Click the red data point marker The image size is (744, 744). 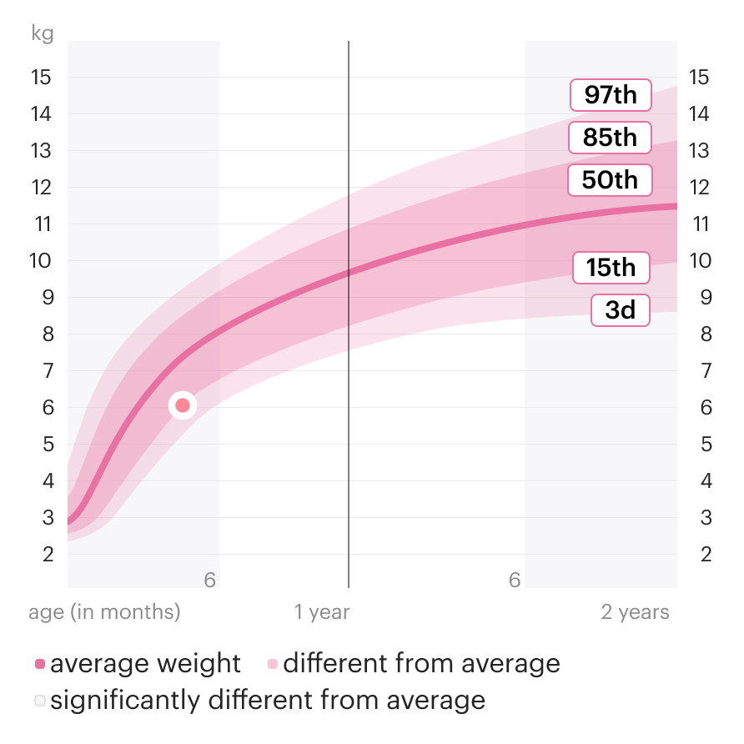[x=183, y=406]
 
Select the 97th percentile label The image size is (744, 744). [x=610, y=95]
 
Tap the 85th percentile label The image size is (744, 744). [x=610, y=138]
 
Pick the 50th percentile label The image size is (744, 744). [x=609, y=180]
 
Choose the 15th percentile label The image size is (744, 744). [x=611, y=268]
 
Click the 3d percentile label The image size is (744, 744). [x=620, y=310]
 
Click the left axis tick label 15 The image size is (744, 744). [x=41, y=78]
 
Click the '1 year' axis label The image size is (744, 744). [x=322, y=612]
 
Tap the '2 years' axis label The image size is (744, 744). [x=635, y=612]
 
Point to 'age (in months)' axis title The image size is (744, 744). [x=104, y=612]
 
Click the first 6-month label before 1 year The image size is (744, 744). [x=209, y=580]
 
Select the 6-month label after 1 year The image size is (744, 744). [x=515, y=580]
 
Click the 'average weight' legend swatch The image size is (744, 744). [x=39, y=665]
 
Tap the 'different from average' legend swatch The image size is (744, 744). [x=272, y=665]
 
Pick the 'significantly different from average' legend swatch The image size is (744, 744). [x=39, y=701]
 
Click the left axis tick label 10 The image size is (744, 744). [x=41, y=260]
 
